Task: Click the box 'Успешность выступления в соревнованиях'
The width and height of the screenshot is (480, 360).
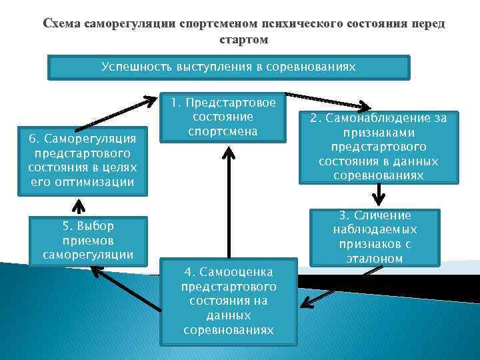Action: (x=229, y=67)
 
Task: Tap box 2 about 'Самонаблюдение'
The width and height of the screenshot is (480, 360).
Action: (x=378, y=147)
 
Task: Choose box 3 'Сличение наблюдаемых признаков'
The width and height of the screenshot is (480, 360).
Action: (x=375, y=237)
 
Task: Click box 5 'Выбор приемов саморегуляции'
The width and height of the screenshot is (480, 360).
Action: (x=87, y=241)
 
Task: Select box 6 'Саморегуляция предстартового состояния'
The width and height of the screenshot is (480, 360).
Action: (x=82, y=161)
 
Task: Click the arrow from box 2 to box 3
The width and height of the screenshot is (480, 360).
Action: (x=379, y=195)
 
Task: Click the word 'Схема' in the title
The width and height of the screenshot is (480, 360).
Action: (x=60, y=24)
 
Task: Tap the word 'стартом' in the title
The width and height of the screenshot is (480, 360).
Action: (x=243, y=39)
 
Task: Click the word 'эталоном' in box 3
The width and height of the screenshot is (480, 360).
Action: (x=375, y=258)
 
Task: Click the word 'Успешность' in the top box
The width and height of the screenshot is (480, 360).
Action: (x=136, y=67)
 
